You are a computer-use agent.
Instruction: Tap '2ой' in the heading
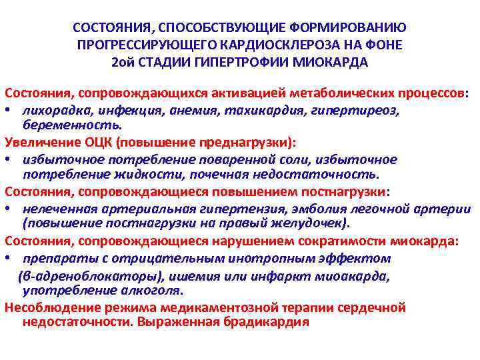point(123,63)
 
